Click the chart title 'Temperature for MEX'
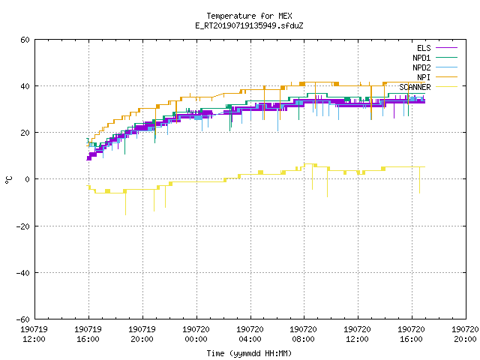(x=249, y=16)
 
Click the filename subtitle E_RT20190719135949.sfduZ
(x=249, y=25)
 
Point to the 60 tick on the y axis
(x=25, y=40)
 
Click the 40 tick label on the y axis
(x=25, y=86)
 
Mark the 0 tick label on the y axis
(x=28, y=179)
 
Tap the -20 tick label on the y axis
(x=22, y=226)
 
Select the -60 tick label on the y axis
(x=22, y=319)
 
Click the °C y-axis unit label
(x=9, y=180)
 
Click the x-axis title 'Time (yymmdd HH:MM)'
(x=249, y=353)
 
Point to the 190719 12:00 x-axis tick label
(x=34, y=334)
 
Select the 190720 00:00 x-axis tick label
(x=196, y=334)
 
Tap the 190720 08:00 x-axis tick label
(x=303, y=334)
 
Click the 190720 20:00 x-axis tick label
(x=465, y=334)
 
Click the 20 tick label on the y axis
(x=25, y=133)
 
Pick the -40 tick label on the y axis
(x=22, y=273)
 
